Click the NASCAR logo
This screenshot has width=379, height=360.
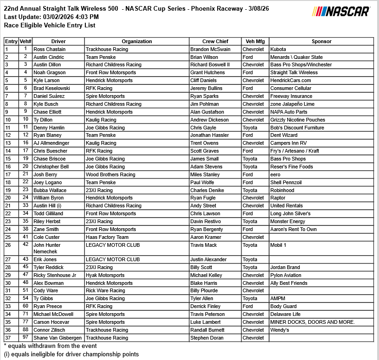(x=341, y=11)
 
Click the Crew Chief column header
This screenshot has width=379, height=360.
(x=215, y=41)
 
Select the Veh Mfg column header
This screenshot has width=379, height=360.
(x=255, y=41)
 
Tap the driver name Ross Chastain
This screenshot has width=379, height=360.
(x=50, y=49)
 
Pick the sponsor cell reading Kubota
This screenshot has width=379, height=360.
(x=278, y=49)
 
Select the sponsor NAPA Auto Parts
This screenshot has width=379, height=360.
(x=289, y=112)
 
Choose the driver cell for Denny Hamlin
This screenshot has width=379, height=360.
(x=49, y=128)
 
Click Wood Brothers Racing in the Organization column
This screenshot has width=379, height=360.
(x=110, y=174)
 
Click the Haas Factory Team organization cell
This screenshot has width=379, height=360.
(x=107, y=237)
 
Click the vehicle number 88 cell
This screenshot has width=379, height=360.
(x=26, y=330)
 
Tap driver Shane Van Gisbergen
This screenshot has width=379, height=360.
(x=58, y=338)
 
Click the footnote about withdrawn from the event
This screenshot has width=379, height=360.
(x=50, y=346)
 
